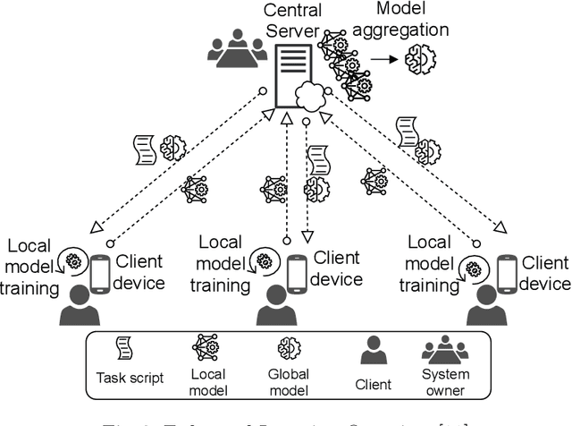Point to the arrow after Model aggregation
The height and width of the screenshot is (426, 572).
[x=384, y=58]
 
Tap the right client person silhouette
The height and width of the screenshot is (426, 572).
[x=485, y=310]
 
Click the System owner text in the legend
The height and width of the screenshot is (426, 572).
[x=444, y=382]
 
